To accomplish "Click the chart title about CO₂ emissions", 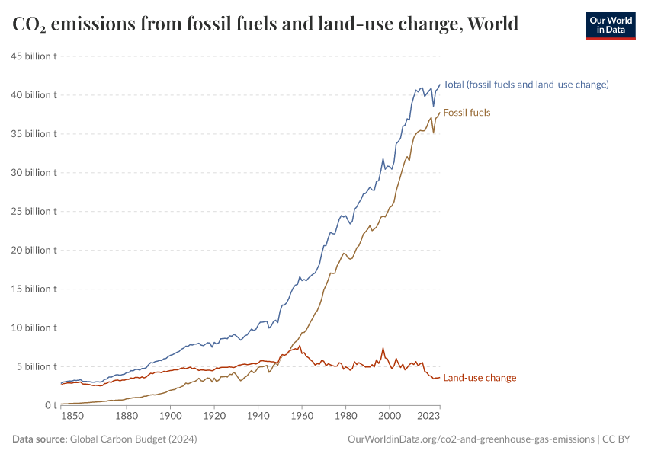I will click(x=265, y=24).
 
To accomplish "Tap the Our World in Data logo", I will click(x=610, y=25).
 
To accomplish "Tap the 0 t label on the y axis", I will click(x=51, y=405).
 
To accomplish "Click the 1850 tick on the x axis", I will click(x=72, y=417).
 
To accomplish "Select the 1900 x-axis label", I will click(x=170, y=417).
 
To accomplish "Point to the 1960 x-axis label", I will click(x=302, y=417).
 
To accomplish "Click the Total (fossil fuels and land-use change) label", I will click(x=526, y=85).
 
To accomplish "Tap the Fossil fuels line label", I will click(x=467, y=113).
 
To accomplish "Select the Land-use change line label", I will click(x=480, y=378).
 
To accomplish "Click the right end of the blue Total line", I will click(x=440, y=85).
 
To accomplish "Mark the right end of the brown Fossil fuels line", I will click(x=440, y=113).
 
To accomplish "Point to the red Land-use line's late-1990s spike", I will click(x=383, y=349).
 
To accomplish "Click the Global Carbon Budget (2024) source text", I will click(x=133, y=439).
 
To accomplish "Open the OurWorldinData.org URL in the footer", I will click(x=470, y=439).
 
